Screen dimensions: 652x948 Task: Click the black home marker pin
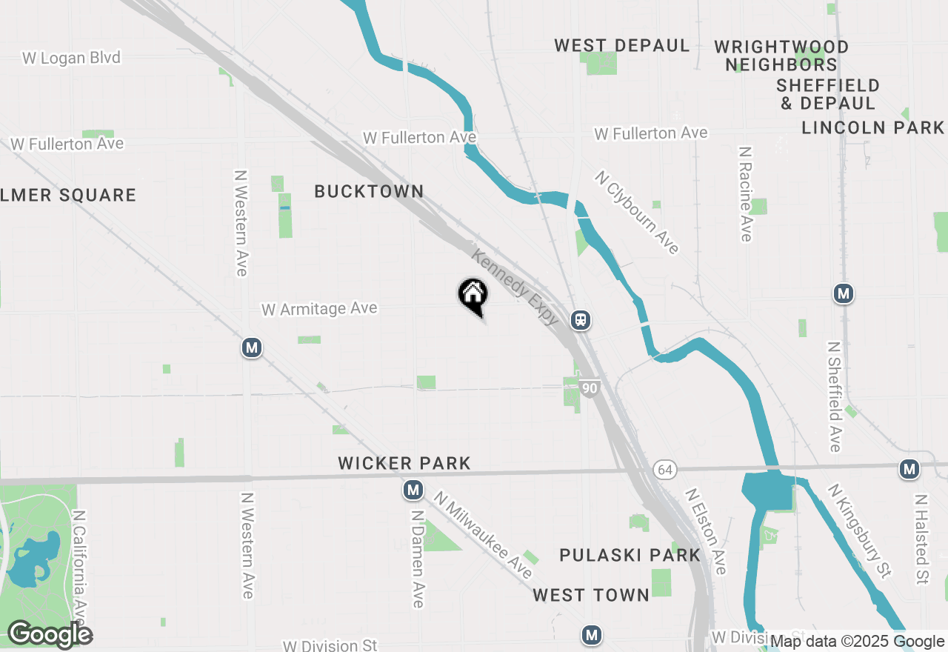coord(473,295)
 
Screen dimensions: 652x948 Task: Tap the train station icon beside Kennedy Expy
coord(580,320)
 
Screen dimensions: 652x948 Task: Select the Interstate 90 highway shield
coord(590,388)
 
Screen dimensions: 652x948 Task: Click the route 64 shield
coord(664,470)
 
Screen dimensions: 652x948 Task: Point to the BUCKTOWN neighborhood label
coord(369,191)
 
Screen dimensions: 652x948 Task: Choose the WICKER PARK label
coord(404,463)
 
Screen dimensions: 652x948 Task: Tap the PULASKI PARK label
coord(630,555)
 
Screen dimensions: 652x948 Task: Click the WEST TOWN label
coord(591,594)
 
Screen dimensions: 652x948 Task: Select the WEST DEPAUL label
coord(622,45)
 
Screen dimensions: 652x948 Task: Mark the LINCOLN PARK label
coord(873,127)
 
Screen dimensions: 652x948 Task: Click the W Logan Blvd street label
coord(71,58)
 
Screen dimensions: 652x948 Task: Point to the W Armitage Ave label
coord(319,309)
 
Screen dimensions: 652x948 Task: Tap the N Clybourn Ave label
coord(637,213)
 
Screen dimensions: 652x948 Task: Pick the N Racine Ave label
coord(745,193)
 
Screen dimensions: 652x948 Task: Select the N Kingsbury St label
coord(859,530)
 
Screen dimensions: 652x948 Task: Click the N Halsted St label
coord(921,539)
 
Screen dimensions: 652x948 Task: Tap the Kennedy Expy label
coord(515,287)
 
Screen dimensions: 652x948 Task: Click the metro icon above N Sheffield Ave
coord(843,293)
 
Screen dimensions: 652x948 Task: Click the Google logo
coord(50,634)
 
